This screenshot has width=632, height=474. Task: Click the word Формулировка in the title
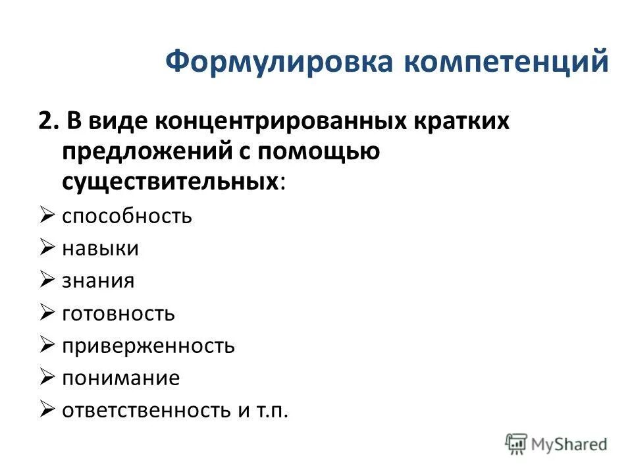point(278,62)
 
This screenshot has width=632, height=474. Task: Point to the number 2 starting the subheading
point(44,122)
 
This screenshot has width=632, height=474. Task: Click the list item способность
point(127,217)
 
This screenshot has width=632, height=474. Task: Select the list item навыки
point(100,248)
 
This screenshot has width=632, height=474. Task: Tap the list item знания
point(98,281)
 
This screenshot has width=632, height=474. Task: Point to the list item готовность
point(118,313)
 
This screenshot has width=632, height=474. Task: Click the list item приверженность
point(148,346)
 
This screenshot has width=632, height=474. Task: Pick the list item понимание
point(120,378)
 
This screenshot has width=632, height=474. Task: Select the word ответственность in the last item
point(145,410)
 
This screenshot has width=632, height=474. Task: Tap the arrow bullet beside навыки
point(47,248)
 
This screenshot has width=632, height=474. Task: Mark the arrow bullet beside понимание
point(47,377)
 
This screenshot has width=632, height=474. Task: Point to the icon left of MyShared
point(517,444)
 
